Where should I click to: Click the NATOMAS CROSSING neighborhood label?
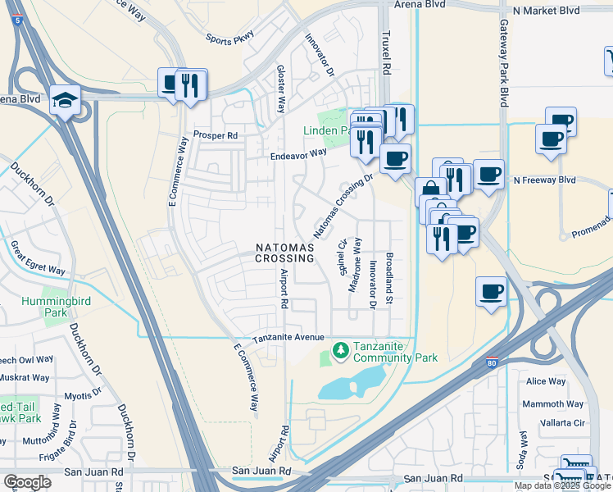[x=284, y=253]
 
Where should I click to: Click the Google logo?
[x=27, y=482]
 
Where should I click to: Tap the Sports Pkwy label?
[x=230, y=38]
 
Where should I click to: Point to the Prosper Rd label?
[x=215, y=135]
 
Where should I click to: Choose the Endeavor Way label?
[x=299, y=154]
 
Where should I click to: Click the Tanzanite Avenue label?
[x=289, y=338]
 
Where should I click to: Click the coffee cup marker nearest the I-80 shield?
[x=490, y=291]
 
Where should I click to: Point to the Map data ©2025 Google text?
[x=561, y=485]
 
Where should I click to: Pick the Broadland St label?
[x=390, y=279]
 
